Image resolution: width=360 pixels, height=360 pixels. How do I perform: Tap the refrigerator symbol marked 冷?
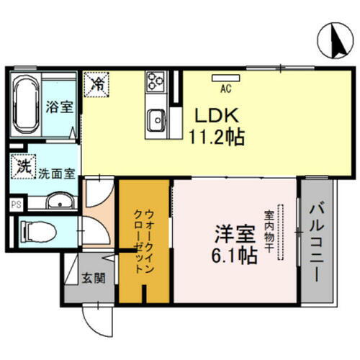tap(96, 84)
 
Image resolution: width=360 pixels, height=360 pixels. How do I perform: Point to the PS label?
tap(14, 204)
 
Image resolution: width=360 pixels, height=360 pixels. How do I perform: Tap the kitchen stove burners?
tap(155, 82)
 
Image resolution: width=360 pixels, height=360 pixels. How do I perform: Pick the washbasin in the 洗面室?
tap(58, 202)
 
